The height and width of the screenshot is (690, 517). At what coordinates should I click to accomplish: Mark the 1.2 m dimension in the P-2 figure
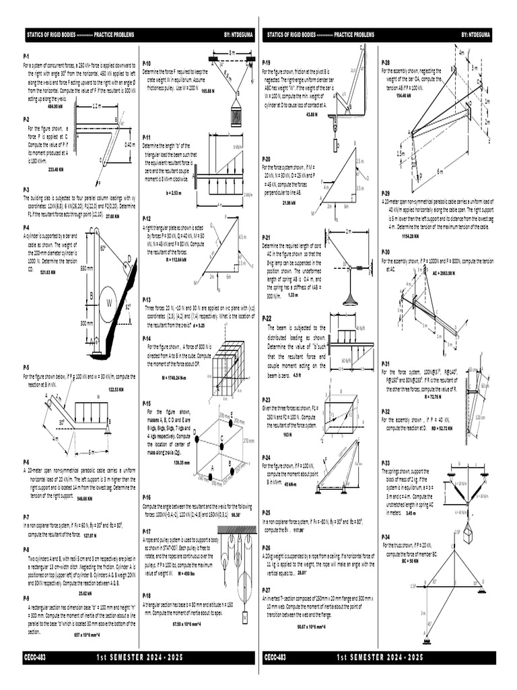tap(96, 106)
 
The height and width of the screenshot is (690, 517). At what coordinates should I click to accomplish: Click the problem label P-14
tap(147, 338)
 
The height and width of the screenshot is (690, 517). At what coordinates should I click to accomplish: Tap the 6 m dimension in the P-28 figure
tap(440, 172)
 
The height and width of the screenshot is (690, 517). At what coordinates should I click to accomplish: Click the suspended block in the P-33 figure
tap(467, 536)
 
